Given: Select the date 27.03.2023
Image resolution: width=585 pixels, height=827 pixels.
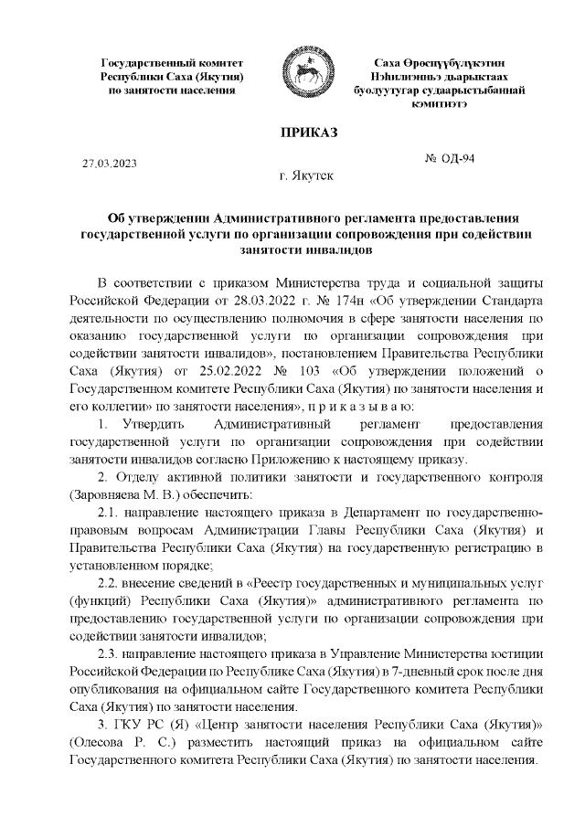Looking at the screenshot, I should pyautogui.click(x=109, y=164).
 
